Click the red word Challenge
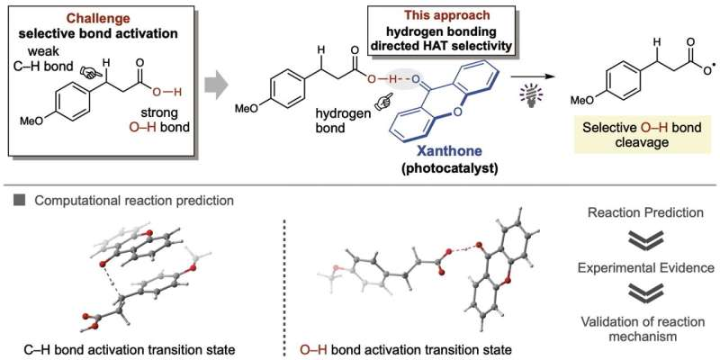pyautogui.click(x=98, y=19)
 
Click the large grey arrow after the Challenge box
pyautogui.click(x=216, y=85)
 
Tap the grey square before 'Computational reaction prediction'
pyautogui.click(x=19, y=201)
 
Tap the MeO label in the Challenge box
pyautogui.click(x=31, y=122)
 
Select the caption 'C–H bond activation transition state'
pyautogui.click(x=130, y=350)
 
